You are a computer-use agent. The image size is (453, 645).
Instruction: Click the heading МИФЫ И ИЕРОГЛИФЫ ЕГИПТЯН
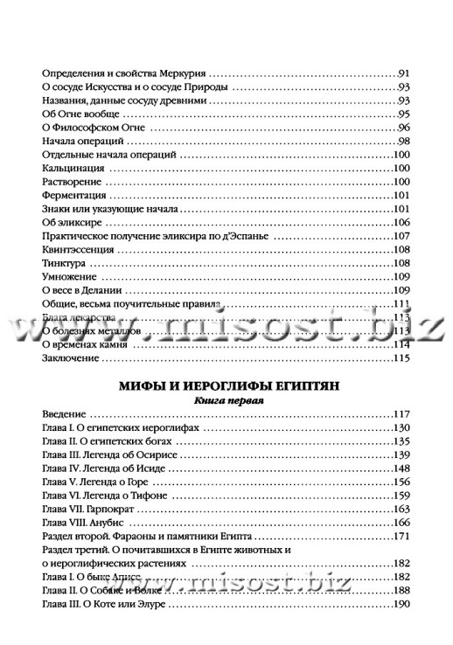pyautogui.click(x=227, y=385)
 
